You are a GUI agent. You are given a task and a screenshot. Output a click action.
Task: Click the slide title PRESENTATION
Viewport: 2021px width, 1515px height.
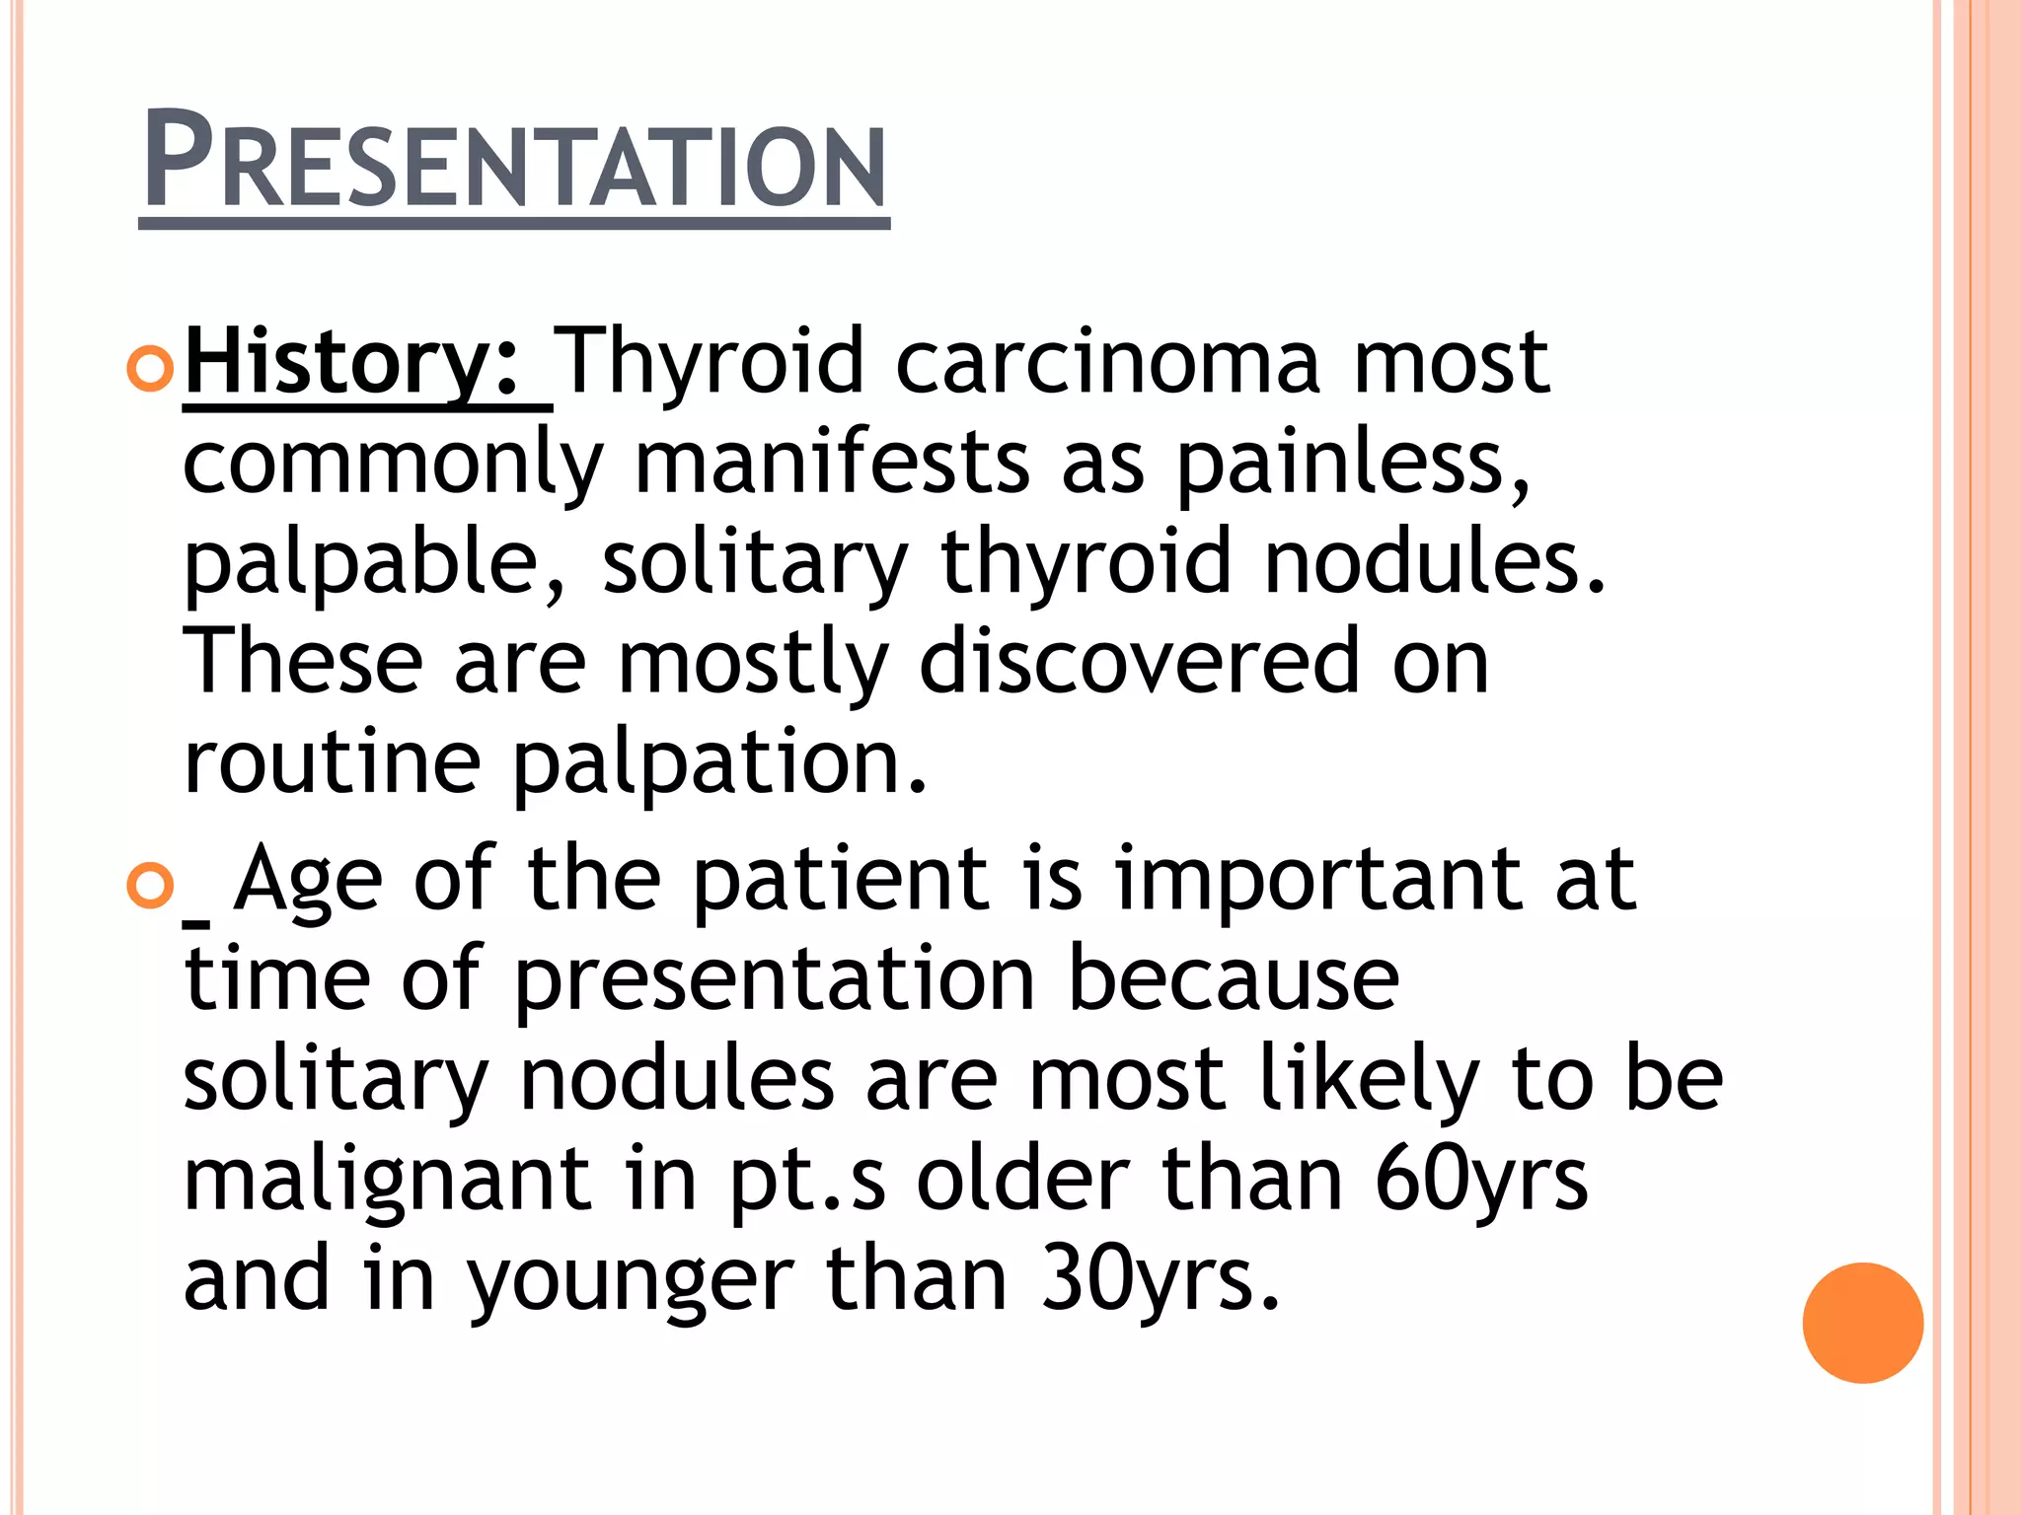514,161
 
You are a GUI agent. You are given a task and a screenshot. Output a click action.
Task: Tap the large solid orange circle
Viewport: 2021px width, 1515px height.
1862,1323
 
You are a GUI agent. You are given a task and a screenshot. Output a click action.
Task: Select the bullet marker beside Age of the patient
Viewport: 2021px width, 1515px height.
150,885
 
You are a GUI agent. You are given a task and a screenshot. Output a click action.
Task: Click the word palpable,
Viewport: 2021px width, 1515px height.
375,564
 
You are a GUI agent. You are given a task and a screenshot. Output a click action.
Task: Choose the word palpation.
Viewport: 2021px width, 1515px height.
720,764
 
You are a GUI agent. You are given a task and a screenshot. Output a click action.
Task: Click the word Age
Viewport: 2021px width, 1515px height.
308,881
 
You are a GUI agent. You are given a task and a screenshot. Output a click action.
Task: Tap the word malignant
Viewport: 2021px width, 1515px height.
387,1182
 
